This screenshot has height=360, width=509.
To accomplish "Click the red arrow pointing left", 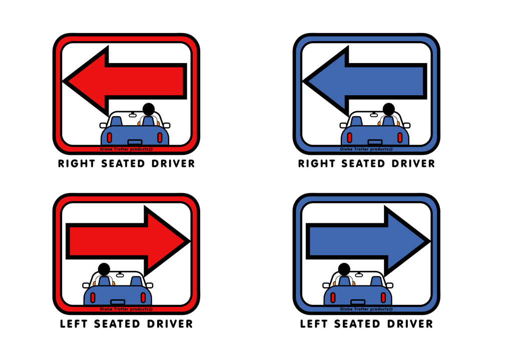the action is (125, 81).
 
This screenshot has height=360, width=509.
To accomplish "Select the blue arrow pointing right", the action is (368, 241).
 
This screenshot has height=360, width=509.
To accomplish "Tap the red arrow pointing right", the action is (128, 241).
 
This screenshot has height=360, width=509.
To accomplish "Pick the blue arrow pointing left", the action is (365, 81).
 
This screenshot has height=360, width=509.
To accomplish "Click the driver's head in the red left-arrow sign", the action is (149, 109).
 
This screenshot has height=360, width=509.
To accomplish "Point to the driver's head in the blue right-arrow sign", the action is (344, 269).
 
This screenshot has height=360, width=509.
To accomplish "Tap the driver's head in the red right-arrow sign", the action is (104, 269).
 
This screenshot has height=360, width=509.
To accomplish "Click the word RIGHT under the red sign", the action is (76, 164).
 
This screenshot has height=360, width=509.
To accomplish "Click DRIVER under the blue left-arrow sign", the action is (413, 164).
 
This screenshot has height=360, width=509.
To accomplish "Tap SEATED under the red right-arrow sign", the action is (117, 323).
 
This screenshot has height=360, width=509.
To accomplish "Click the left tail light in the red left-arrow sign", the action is (110, 138).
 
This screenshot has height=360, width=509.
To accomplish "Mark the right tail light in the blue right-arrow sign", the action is (383, 298).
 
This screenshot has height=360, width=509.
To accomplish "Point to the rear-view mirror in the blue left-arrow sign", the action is (374, 115).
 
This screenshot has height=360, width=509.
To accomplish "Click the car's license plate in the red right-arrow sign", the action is (118, 302).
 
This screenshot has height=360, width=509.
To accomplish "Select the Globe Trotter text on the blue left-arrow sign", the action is (366, 149).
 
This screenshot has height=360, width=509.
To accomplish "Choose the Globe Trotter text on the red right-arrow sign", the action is (126, 309).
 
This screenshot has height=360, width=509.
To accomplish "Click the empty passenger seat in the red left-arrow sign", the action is (116, 121).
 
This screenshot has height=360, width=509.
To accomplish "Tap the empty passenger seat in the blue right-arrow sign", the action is (376, 281).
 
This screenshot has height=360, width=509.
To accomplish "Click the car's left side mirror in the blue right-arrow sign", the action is (326, 285).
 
